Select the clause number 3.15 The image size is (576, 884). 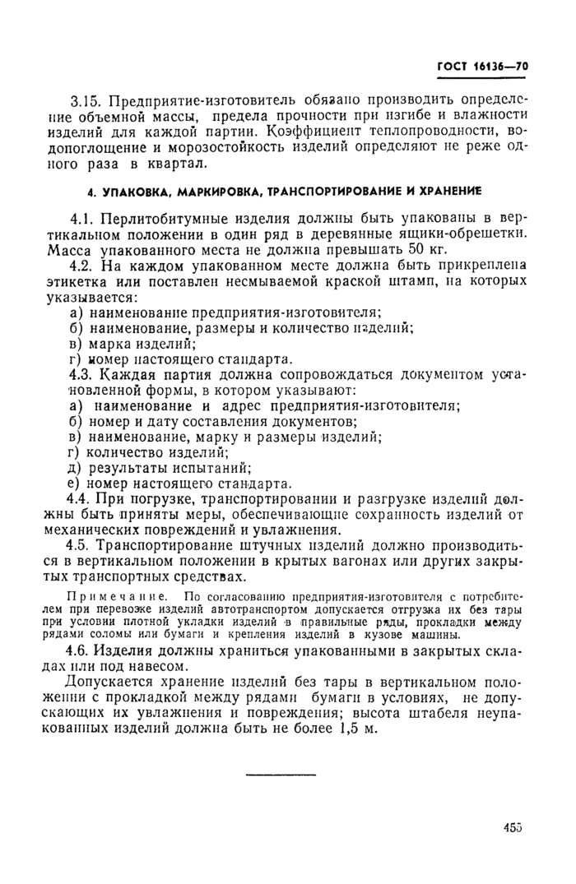coord(86,101)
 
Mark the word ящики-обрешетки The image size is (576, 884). coord(471,234)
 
